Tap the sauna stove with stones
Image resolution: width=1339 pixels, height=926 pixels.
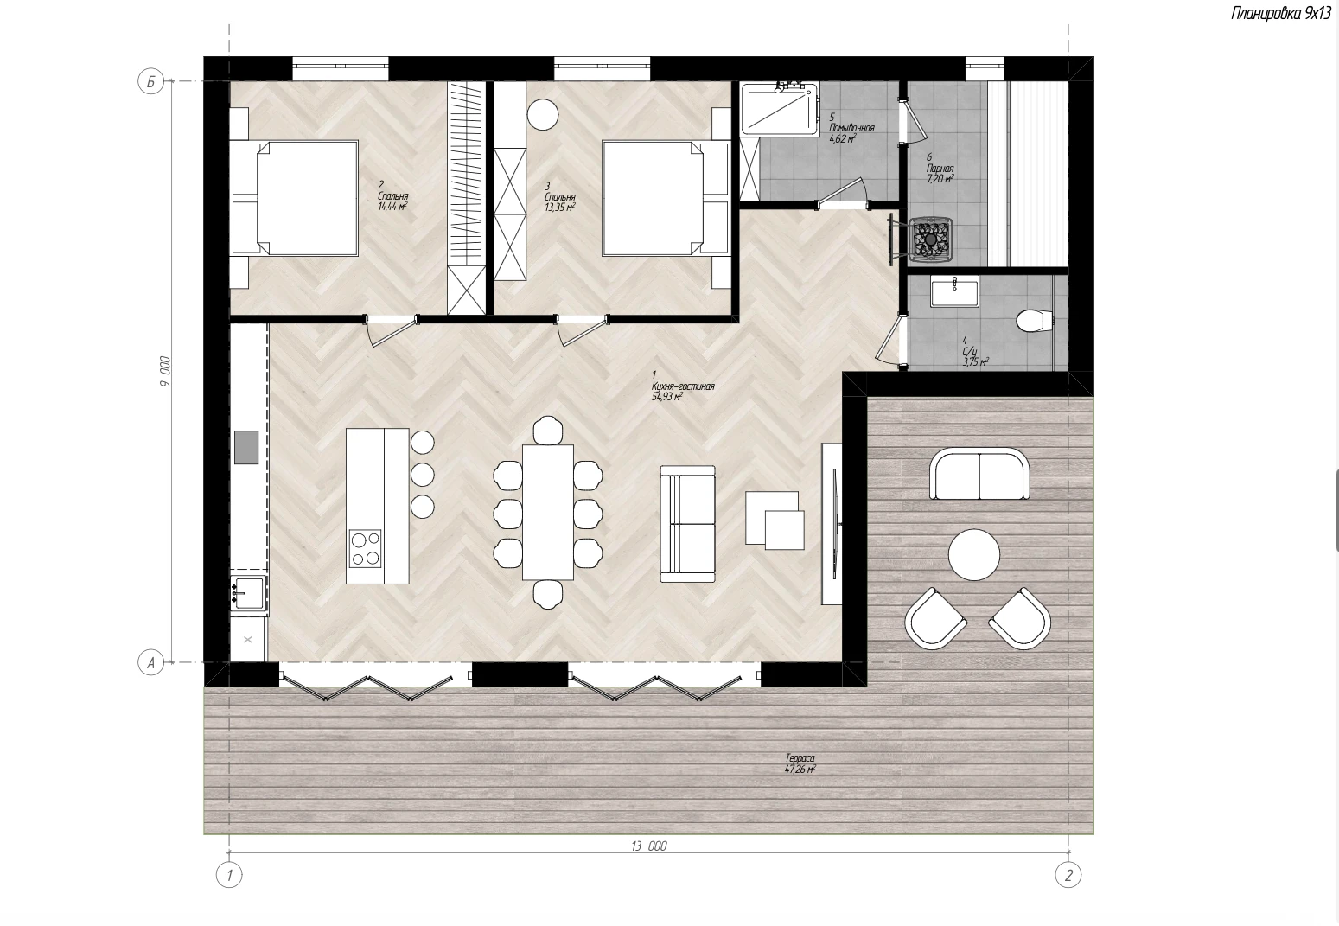[930, 239]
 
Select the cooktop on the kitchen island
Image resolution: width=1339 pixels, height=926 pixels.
[366, 548]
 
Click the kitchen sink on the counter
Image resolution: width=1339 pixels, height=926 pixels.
[249, 592]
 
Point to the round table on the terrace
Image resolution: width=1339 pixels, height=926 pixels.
[973, 554]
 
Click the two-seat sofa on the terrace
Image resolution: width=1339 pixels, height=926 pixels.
[979, 474]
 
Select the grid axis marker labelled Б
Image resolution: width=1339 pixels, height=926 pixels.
[150, 81]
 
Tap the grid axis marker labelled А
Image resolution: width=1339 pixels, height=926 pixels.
[150, 662]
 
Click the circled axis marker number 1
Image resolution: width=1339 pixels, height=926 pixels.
[229, 876]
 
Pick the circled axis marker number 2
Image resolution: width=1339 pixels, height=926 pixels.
[1068, 876]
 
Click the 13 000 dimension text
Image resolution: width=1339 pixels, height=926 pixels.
[648, 846]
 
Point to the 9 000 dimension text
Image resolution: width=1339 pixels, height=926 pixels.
[165, 371]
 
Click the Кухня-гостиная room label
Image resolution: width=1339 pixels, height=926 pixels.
[683, 386]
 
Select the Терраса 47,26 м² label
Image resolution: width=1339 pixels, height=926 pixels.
[800, 764]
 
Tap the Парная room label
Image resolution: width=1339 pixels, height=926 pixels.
[940, 169]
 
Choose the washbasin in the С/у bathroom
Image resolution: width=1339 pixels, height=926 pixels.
[954, 293]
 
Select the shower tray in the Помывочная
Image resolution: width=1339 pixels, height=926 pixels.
[780, 109]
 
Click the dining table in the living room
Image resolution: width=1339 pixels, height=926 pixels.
[547, 513]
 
